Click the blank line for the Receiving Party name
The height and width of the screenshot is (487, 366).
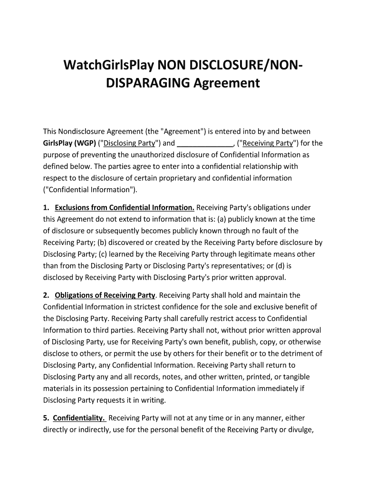(x=205, y=143)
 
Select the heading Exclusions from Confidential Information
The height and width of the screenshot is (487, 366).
(x=125, y=208)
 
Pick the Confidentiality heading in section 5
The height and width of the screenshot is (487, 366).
(x=79, y=418)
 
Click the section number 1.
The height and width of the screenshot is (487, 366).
(x=46, y=208)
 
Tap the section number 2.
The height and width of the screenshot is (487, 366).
(x=46, y=295)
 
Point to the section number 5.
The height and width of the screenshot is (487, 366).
(x=46, y=418)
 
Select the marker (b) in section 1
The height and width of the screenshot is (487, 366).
(x=104, y=243)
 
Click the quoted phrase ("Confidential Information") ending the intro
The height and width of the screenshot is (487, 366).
(x=89, y=190)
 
